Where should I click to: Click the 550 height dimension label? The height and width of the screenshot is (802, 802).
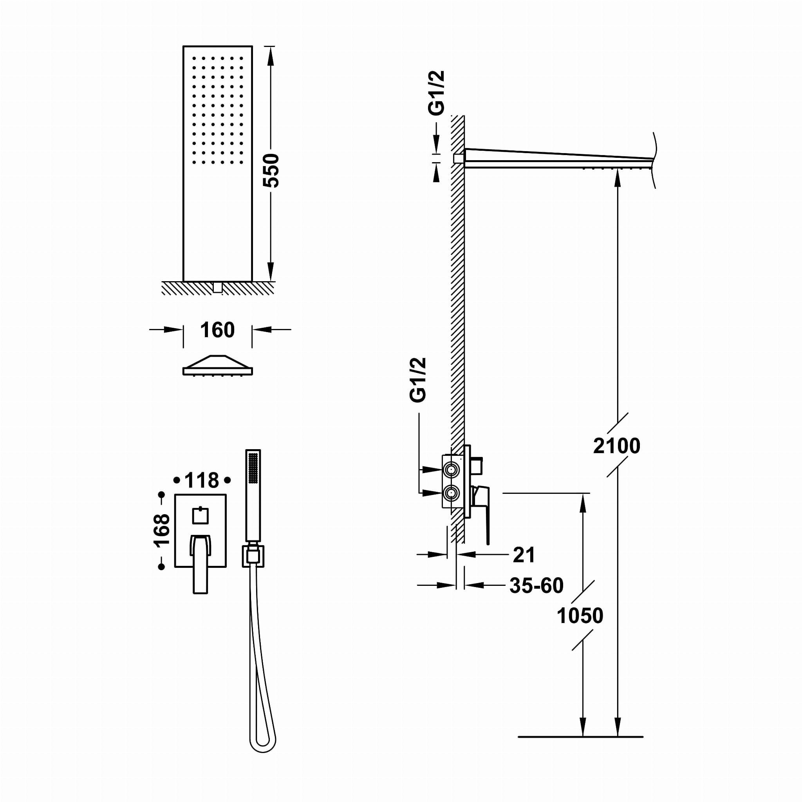coord(271,171)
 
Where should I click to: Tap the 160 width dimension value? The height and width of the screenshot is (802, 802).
coord(217,330)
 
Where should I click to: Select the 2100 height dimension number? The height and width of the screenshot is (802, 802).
coord(616,446)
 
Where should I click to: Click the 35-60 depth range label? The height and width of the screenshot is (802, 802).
coord(536,585)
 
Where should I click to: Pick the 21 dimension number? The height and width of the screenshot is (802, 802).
coord(524,555)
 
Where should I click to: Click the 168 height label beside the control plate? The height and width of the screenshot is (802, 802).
coord(162,531)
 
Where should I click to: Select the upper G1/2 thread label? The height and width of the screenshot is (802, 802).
coord(436,93)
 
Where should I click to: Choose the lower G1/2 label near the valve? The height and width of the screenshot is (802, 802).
coord(417,380)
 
